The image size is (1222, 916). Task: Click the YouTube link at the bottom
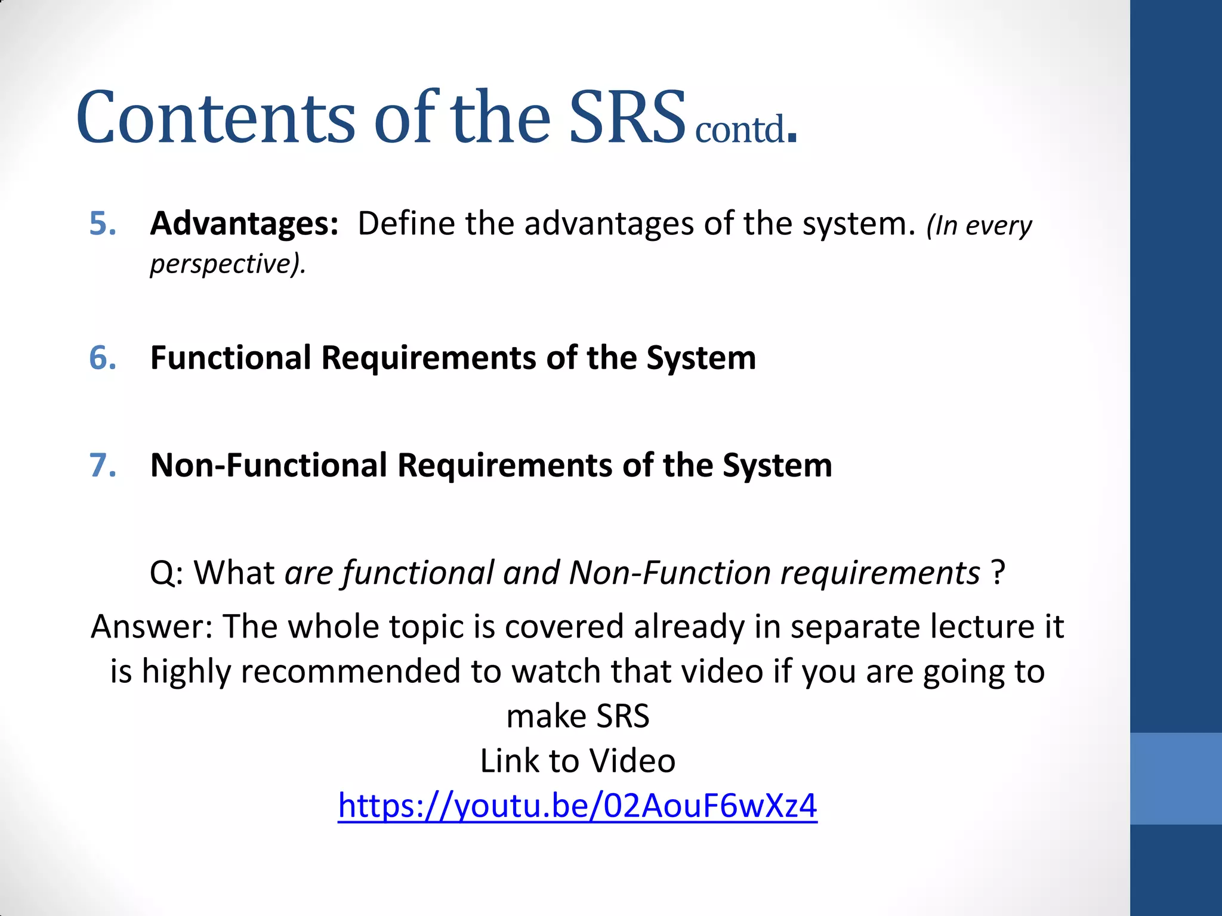[577, 806]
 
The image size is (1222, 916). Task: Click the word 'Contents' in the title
[216, 117]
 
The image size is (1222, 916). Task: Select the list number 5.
[103, 224]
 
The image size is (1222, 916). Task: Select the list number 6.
[103, 358]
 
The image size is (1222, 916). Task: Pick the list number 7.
[103, 466]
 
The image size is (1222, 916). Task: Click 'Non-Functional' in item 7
[269, 466]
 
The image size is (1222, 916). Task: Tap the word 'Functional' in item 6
[231, 358]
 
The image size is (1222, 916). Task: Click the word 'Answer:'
[152, 627]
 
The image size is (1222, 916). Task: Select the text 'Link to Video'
[578, 761]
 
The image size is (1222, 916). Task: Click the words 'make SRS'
[578, 716]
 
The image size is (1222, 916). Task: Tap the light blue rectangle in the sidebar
[1175, 778]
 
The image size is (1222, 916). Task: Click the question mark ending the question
[998, 573]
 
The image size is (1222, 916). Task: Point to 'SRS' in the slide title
[627, 117]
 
